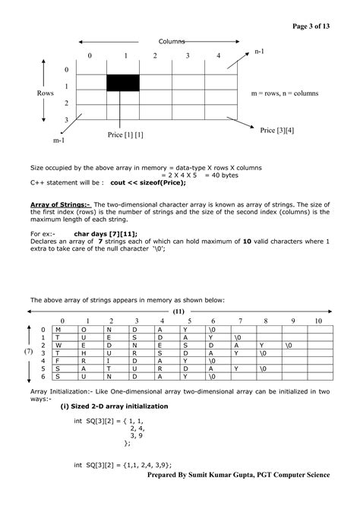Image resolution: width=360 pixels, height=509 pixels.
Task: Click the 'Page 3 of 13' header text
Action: tap(311, 27)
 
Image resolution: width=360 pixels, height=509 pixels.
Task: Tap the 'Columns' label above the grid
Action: tap(172, 41)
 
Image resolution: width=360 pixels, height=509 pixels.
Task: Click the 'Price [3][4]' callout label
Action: tap(277, 131)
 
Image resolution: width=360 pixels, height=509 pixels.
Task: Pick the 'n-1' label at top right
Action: tap(259, 51)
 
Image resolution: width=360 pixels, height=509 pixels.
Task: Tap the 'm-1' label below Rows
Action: tap(58, 141)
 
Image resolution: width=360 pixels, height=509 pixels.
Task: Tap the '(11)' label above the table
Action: tap(178, 311)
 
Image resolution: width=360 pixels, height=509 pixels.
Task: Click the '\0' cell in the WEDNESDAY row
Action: tap(287, 345)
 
